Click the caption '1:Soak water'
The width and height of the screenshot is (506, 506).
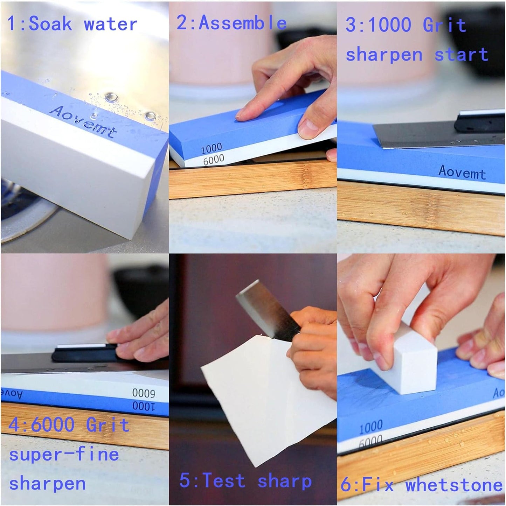click(x=72, y=24)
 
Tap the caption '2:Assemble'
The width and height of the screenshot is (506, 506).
click(x=231, y=23)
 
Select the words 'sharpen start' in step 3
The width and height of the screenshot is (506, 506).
click(x=417, y=55)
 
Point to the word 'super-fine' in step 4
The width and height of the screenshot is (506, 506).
click(x=64, y=455)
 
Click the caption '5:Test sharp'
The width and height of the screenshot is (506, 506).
click(x=245, y=480)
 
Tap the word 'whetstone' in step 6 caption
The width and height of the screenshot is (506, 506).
click(x=454, y=485)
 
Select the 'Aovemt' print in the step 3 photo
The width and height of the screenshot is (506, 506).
click(x=462, y=172)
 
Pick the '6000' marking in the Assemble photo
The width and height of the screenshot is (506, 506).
click(x=213, y=160)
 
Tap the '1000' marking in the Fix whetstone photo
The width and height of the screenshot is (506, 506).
click(x=371, y=427)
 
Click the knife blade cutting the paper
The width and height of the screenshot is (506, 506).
click(x=261, y=308)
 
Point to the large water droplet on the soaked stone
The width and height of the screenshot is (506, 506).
click(x=111, y=97)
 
